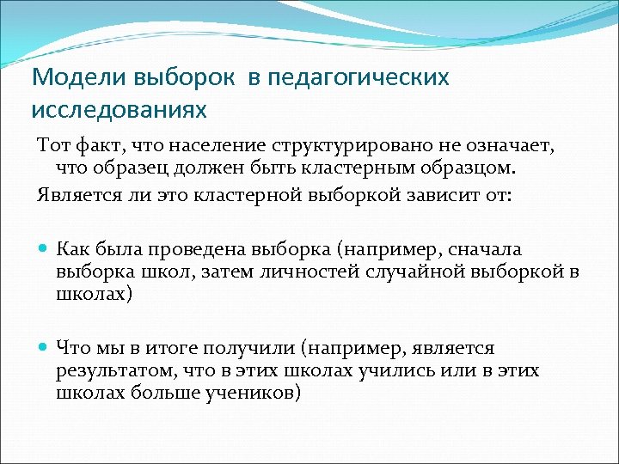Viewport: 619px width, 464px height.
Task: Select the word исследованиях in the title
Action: pyautogui.click(x=120, y=110)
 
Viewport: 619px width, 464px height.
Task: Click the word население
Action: pyautogui.click(x=218, y=141)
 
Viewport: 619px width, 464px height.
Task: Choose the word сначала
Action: pyautogui.click(x=485, y=249)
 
